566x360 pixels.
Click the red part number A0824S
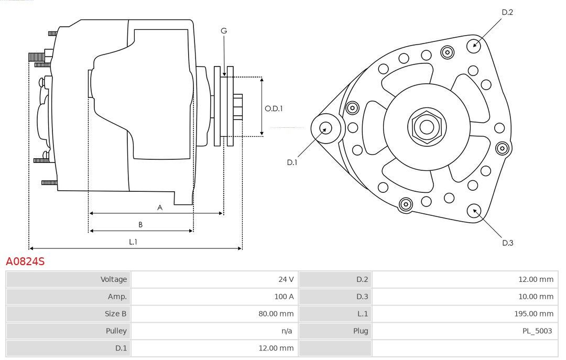point(25,261)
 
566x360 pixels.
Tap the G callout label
point(224,31)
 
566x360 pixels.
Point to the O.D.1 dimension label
point(274,108)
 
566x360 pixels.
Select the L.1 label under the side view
point(133,242)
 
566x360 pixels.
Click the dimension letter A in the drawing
point(160,208)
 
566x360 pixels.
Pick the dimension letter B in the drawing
point(140,225)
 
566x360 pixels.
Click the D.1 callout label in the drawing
point(292,162)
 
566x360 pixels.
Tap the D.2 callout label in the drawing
point(507,12)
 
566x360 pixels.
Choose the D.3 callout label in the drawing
point(507,243)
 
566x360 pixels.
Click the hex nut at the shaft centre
point(427,127)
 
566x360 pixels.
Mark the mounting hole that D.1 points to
point(326,128)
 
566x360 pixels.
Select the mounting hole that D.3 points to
point(474,211)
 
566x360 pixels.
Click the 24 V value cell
point(286,279)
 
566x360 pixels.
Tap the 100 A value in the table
point(284,297)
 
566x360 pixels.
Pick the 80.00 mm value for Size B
point(276,314)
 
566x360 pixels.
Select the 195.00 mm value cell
point(534,314)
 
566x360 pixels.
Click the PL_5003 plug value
point(537,331)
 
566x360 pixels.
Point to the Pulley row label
point(116,331)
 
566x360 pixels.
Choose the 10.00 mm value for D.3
point(536,297)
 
